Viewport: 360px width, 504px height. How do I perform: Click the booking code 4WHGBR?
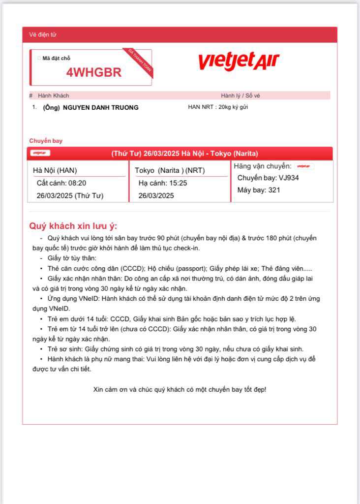[x=94, y=72]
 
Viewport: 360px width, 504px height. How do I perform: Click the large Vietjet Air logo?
[x=239, y=62]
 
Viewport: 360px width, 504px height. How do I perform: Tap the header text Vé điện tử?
[x=43, y=35]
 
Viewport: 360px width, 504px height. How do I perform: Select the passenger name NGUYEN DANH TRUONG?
[x=101, y=108]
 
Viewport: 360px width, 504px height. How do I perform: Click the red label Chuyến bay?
[x=46, y=141]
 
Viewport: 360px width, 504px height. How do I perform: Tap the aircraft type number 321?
[x=274, y=190]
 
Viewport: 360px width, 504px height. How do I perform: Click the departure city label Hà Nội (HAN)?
[x=55, y=171]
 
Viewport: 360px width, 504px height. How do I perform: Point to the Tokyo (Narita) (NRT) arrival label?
[x=170, y=171]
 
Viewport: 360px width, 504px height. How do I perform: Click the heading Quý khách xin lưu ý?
[x=73, y=226]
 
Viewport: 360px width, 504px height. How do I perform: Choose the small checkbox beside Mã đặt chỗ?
[x=39, y=58]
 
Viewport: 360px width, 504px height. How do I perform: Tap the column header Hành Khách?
[x=54, y=95]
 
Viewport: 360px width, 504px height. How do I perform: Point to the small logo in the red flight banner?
[x=40, y=153]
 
